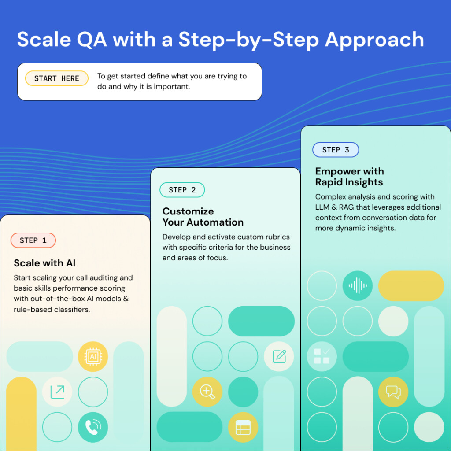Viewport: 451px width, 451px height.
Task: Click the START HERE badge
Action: [57, 78]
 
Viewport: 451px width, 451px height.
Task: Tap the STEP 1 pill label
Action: [33, 240]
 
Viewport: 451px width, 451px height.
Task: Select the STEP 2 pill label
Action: [182, 190]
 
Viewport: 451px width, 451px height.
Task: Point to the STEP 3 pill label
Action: [336, 150]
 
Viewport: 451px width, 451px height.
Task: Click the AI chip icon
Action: [93, 356]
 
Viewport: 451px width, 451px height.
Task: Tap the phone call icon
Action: [93, 427]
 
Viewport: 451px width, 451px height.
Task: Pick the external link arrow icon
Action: [57, 392]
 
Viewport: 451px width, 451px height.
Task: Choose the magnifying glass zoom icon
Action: [207, 392]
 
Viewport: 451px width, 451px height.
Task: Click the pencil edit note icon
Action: [279, 356]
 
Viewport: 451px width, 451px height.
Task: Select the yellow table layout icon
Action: [243, 427]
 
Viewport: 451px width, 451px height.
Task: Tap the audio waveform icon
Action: [358, 286]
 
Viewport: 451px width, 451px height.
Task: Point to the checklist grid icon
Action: [322, 356]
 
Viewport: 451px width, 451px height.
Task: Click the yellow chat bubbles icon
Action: [393, 392]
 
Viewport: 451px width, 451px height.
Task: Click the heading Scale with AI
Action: [44, 263]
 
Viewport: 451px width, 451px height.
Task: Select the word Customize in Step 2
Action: [188, 211]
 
